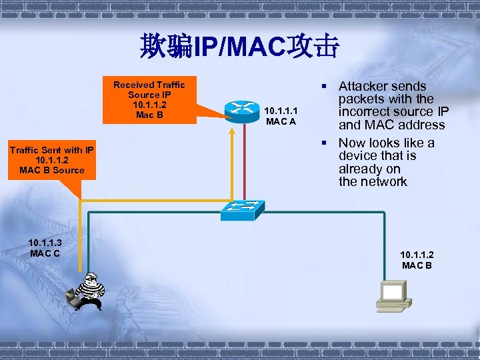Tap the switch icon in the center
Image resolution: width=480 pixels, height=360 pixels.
click(x=241, y=210)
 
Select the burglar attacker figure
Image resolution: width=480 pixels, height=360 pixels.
click(x=87, y=292)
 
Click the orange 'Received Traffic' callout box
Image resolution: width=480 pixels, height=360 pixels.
click(x=149, y=100)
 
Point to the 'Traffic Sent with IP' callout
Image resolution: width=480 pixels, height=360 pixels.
click(x=51, y=160)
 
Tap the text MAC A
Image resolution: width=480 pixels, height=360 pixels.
click(x=281, y=121)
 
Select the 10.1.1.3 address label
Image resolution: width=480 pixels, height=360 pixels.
click(x=45, y=242)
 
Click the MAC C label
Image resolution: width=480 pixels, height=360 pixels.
click(x=45, y=253)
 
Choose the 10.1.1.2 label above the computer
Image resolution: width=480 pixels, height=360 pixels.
click(x=417, y=255)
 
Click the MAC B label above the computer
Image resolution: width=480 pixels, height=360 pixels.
click(x=417, y=265)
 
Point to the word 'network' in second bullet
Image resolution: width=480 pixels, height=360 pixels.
click(x=383, y=182)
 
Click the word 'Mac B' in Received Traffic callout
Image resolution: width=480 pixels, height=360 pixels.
click(x=149, y=115)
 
